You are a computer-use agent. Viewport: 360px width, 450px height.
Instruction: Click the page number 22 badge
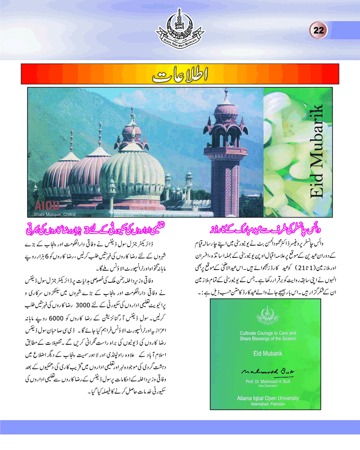[319, 31]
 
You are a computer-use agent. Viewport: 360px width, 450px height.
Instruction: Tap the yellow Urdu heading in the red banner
[180, 75]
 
